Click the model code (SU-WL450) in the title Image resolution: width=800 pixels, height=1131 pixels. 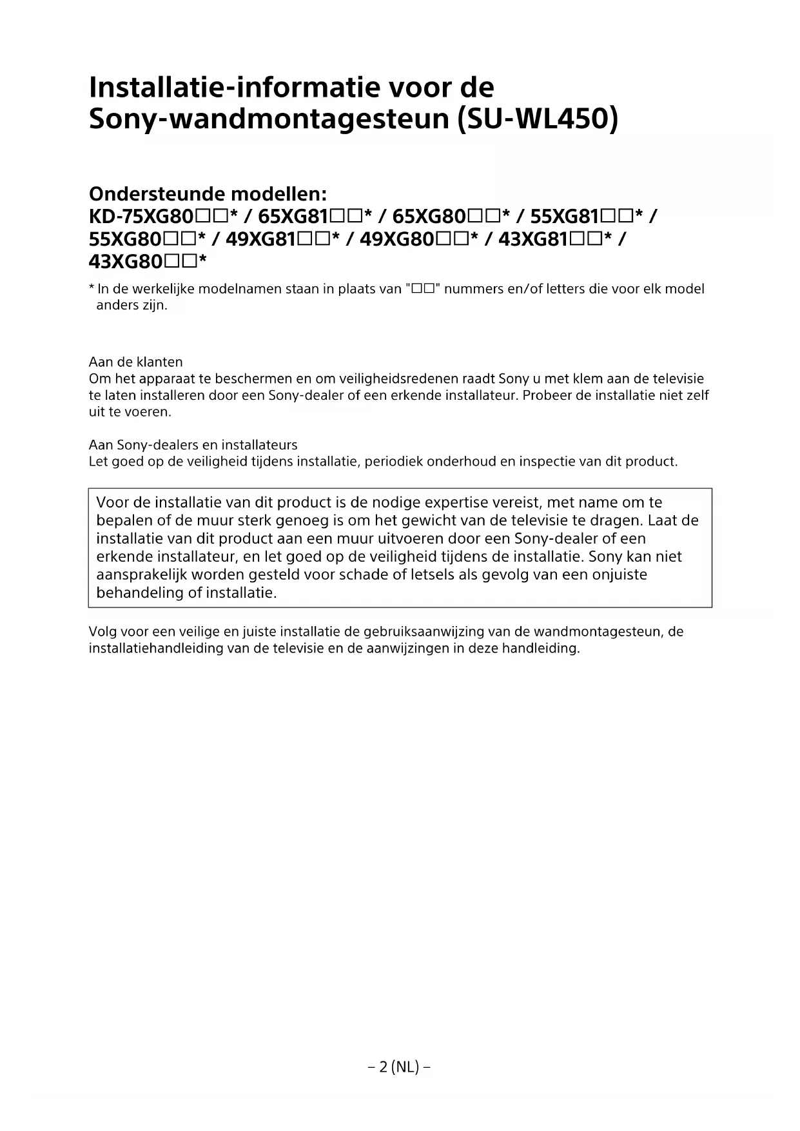click(536, 119)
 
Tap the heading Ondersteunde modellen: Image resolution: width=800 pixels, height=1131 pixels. click(208, 193)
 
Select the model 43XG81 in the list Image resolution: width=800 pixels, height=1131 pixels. click(533, 239)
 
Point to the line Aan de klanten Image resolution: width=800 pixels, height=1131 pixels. click(135, 362)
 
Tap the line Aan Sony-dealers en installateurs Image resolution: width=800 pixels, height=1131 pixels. click(193, 445)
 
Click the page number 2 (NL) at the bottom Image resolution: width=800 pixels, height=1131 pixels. click(399, 1067)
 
